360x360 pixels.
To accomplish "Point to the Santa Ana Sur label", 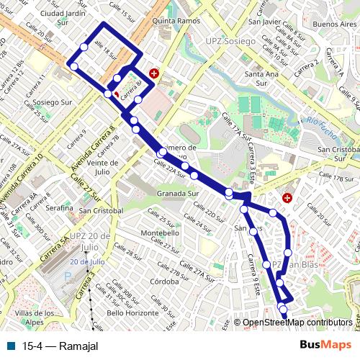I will coord(261,74).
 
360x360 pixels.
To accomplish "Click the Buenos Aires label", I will coord(335,24).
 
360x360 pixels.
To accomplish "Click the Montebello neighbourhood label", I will coord(160,234).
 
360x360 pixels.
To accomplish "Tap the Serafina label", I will coord(60,207).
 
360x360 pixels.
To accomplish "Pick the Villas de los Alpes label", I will coord(35,318).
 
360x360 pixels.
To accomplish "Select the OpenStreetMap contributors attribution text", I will coord(297,323).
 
